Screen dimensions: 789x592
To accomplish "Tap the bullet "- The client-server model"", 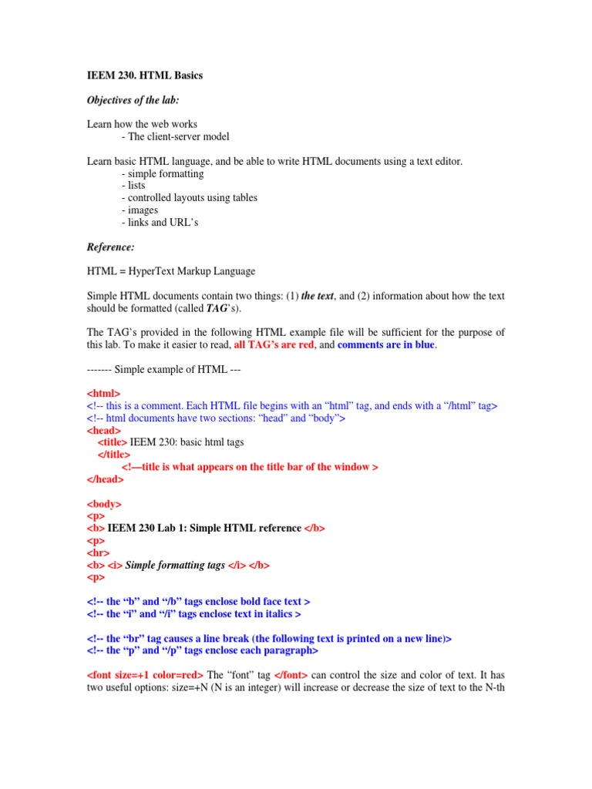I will (175, 137).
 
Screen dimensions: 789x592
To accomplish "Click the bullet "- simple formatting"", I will (163, 173).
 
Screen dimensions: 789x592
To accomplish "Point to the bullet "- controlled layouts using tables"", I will (189, 198).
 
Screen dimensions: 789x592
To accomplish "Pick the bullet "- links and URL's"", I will (160, 223).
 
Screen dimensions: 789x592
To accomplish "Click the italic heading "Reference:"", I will (110, 247).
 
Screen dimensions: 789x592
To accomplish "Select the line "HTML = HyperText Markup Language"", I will (170, 271).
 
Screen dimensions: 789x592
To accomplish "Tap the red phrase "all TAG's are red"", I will (274, 345).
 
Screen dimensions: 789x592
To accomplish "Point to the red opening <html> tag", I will (103, 393).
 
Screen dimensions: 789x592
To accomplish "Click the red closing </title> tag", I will (113, 455).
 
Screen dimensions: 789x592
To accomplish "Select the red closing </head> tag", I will (105, 478).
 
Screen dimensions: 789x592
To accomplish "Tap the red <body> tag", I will (103, 504).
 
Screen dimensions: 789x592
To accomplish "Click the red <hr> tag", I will (98, 552).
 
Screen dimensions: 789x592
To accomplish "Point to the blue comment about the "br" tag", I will (269, 638).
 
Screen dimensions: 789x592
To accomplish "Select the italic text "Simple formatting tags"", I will (175, 565).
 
